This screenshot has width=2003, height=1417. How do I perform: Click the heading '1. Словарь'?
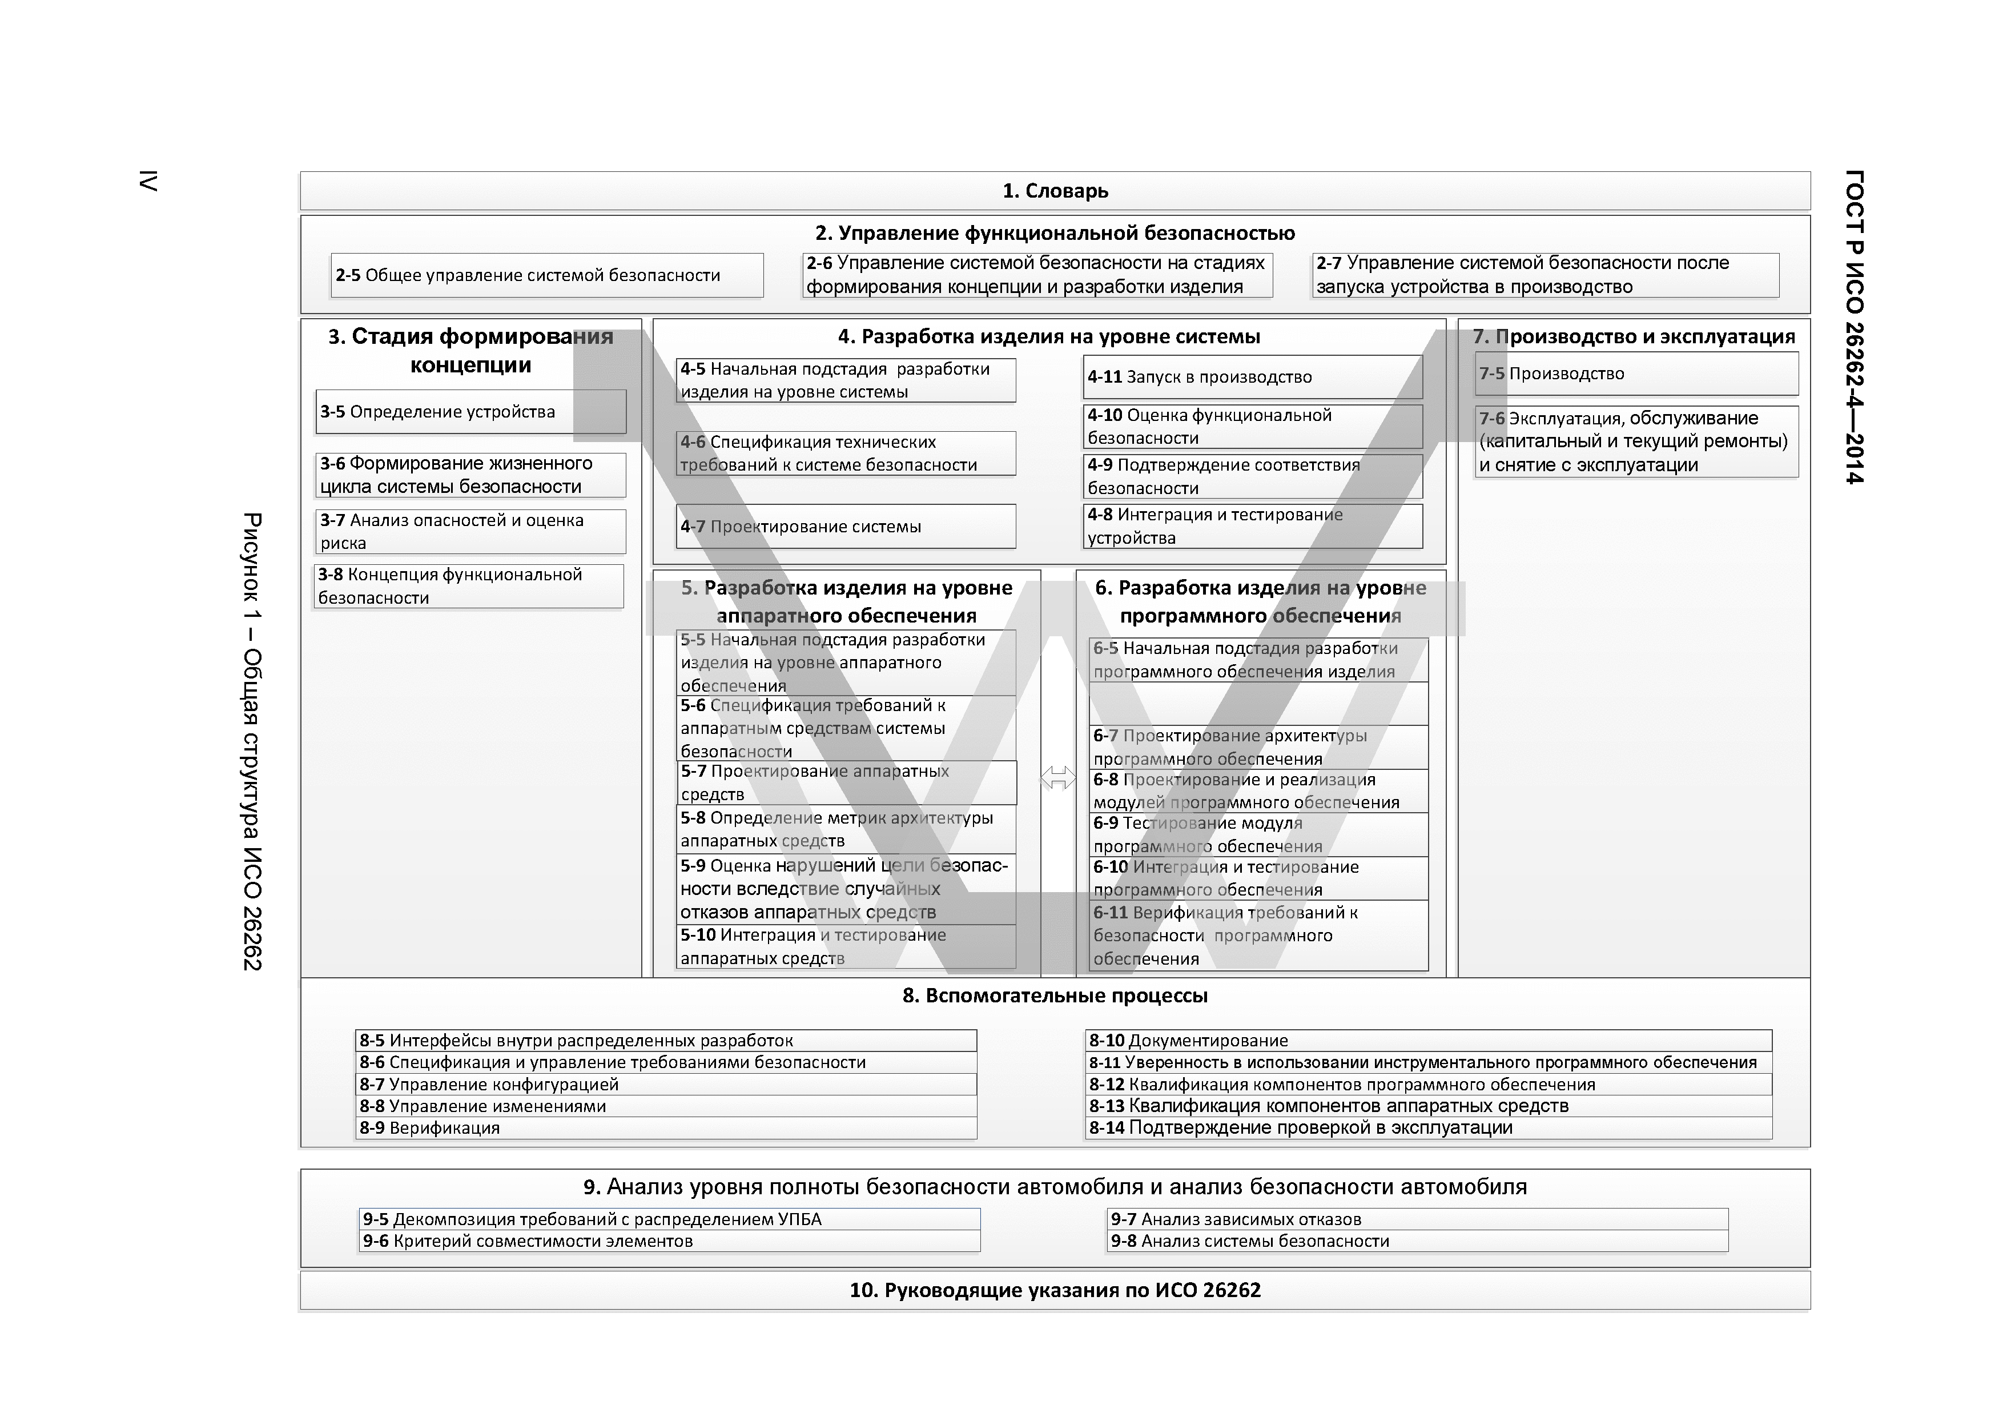pyautogui.click(x=1055, y=191)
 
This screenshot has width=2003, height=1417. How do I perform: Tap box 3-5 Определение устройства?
pyautogui.click(x=470, y=412)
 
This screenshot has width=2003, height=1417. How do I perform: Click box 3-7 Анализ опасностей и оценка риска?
pyautogui.click(x=470, y=531)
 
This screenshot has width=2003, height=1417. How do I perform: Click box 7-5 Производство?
pyautogui.click(x=1636, y=374)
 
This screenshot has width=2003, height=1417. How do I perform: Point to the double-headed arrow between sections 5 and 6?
pyautogui.click(x=1058, y=777)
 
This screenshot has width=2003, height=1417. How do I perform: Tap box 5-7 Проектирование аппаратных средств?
pyautogui.click(x=847, y=782)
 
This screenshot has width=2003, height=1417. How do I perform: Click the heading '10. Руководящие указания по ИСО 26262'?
pyautogui.click(x=1055, y=1290)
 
